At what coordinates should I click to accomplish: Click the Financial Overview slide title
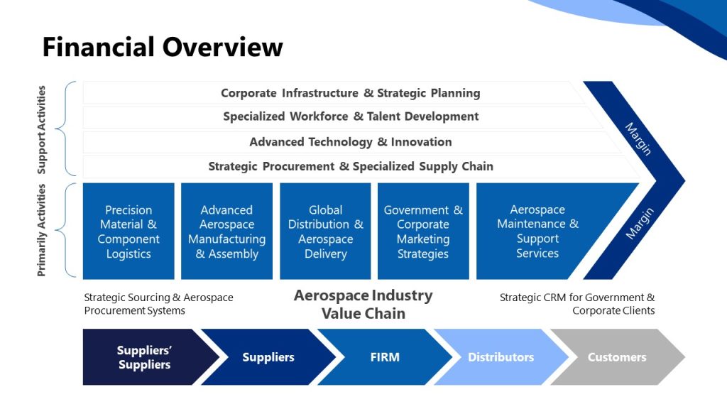[x=163, y=48]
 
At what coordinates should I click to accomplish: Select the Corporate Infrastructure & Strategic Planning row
[x=350, y=93]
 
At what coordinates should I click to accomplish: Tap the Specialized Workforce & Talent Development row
[x=351, y=116]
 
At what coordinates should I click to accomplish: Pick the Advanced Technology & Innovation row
[x=351, y=142]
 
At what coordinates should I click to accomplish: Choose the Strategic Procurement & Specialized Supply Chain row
[x=351, y=167]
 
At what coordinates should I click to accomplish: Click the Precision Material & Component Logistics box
[x=129, y=231]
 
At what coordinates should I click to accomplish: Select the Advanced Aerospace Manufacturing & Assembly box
[x=226, y=231]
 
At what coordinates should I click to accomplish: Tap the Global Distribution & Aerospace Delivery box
[x=325, y=231]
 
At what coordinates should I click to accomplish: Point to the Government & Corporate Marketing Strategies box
[x=423, y=231]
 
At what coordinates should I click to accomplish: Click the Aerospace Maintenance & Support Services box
[x=537, y=231]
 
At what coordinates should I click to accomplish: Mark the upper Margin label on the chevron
[x=638, y=138]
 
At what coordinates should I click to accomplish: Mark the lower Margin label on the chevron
[x=640, y=223]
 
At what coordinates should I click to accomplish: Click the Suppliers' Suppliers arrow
[x=144, y=357]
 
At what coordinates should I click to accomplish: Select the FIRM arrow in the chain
[x=385, y=357]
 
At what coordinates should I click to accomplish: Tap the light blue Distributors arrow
[x=501, y=357]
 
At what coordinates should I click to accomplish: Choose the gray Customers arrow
[x=616, y=357]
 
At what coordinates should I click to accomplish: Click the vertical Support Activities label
[x=41, y=129]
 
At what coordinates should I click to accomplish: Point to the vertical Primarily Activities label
[x=41, y=230]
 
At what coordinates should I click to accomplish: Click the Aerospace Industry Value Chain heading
[x=363, y=304]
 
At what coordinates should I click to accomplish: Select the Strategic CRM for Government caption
[x=577, y=304]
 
